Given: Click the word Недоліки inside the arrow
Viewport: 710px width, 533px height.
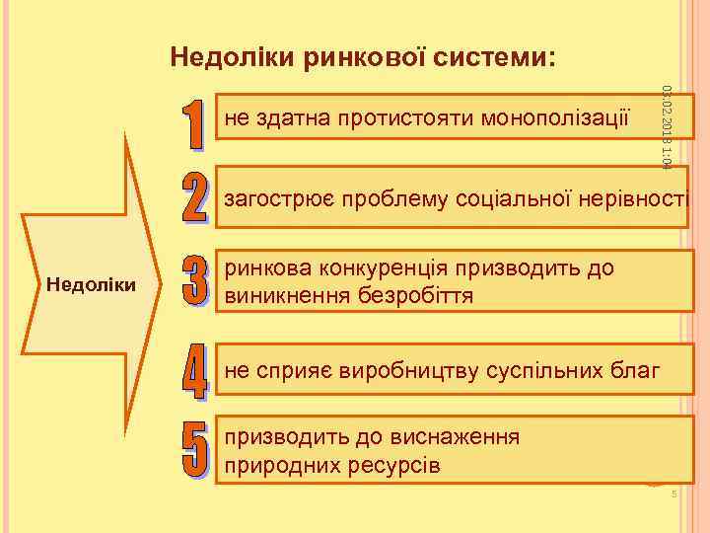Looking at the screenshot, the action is coord(91,285).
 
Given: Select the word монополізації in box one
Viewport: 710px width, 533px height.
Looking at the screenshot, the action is coord(554,119).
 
